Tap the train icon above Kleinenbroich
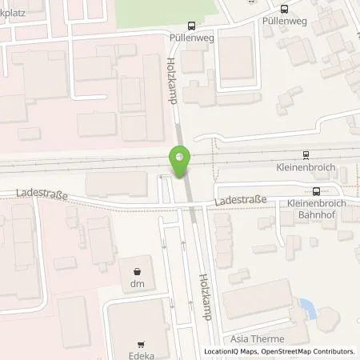(305, 155)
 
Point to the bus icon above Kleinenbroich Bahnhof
(316, 190)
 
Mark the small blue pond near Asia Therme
(306, 306)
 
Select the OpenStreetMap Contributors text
(310, 351)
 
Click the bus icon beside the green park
(190, 25)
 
